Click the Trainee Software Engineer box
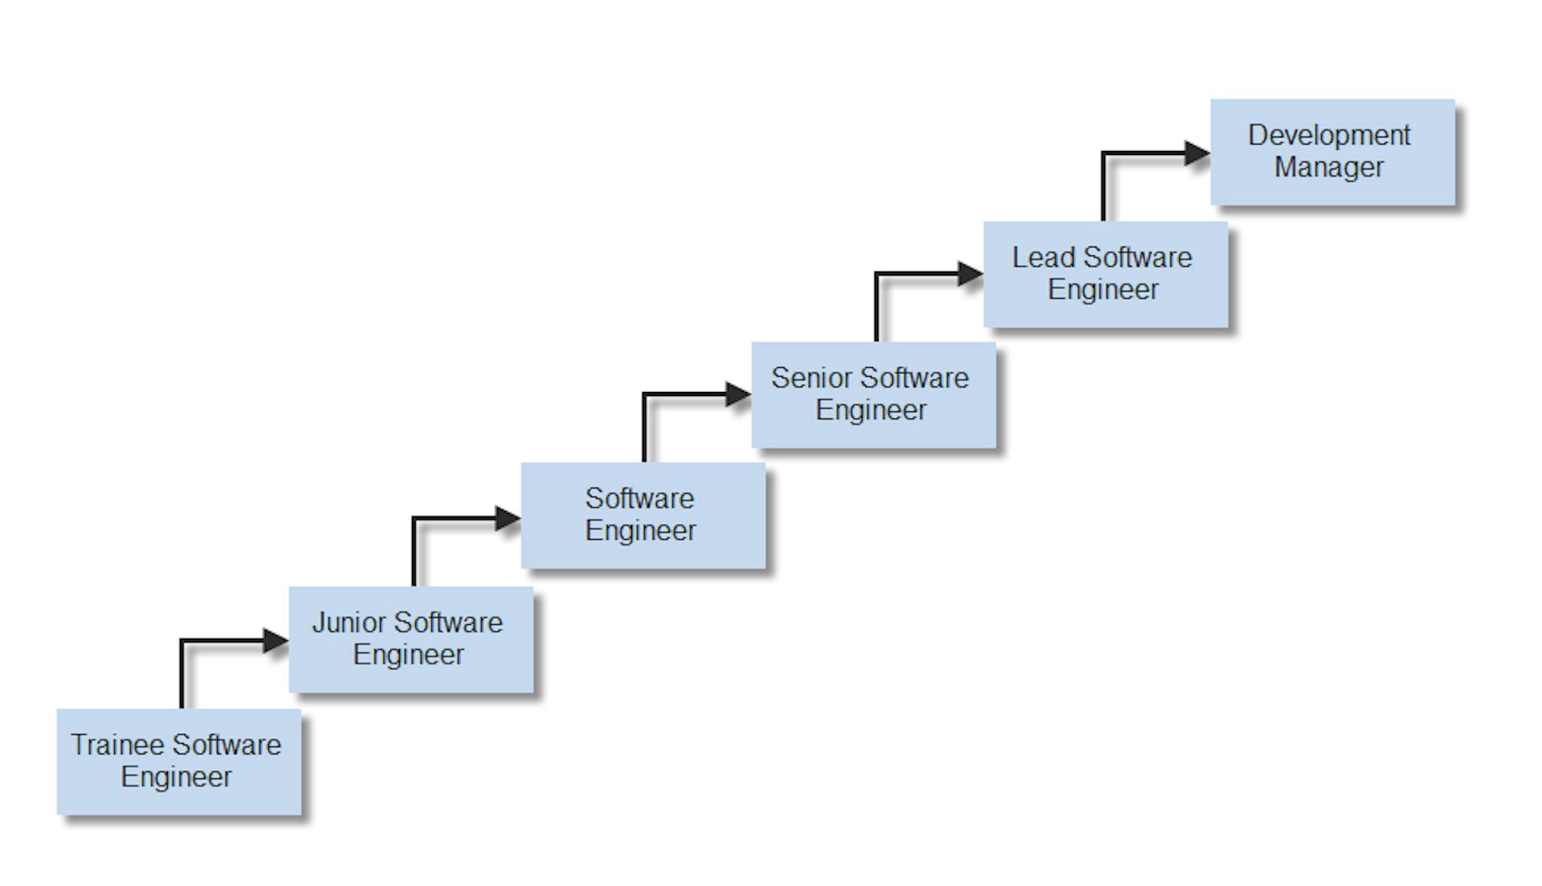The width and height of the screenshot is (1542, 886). (179, 761)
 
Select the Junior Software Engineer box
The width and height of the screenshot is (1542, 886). (410, 639)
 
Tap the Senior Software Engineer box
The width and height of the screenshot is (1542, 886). (873, 394)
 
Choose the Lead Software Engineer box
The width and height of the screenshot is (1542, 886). (1105, 274)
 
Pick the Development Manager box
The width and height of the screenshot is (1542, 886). (1332, 152)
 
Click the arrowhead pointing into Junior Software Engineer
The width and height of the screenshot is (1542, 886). (276, 640)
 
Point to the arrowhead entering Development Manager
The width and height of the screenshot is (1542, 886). (1197, 153)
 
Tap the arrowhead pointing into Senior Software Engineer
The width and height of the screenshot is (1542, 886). (738, 394)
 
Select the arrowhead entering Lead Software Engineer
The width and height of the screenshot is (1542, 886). (970, 274)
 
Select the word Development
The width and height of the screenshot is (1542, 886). (1328, 136)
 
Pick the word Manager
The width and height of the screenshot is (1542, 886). (1328, 167)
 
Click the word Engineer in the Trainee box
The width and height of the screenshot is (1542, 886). (176, 777)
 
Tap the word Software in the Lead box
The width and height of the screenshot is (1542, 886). (1137, 258)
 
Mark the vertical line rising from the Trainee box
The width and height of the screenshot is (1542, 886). (182, 675)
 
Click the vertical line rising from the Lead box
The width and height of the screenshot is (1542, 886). (1103, 187)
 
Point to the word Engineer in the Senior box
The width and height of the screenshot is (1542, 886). (871, 410)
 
